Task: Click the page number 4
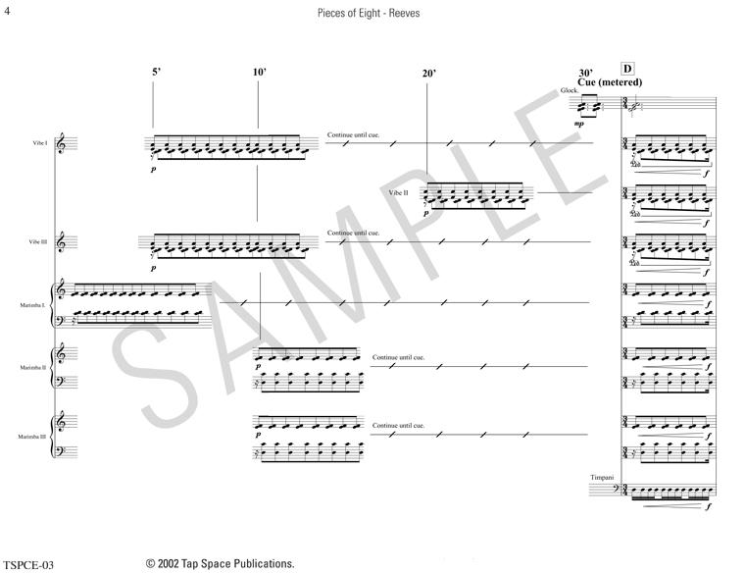[8, 12]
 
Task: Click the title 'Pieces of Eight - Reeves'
[372, 14]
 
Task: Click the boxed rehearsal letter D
[627, 69]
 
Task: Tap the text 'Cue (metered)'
[610, 82]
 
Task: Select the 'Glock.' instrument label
[570, 91]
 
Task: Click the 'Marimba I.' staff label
[36, 306]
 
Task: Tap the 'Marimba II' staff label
[36, 367]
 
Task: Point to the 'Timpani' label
[601, 477]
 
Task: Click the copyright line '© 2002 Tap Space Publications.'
[220, 563]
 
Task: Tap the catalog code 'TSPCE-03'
[26, 565]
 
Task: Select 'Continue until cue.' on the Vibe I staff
[353, 136]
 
